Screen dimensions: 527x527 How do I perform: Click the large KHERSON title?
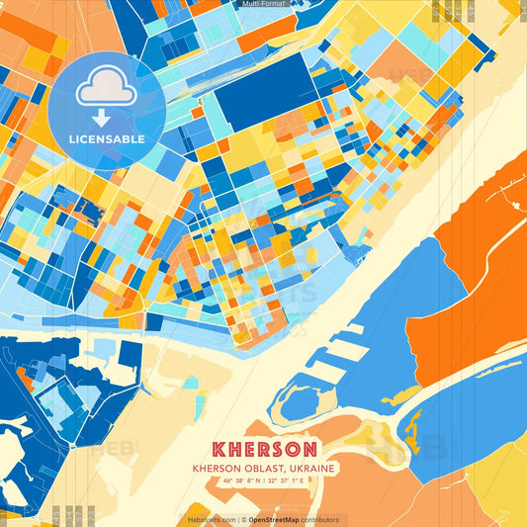(264, 447)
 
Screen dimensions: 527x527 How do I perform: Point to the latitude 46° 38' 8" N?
(243, 481)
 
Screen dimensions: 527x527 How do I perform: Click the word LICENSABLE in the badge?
(107, 139)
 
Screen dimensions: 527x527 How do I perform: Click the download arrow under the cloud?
(106, 115)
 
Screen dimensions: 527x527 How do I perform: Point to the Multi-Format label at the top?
(263, 4)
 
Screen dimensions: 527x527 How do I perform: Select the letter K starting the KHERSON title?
(220, 447)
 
